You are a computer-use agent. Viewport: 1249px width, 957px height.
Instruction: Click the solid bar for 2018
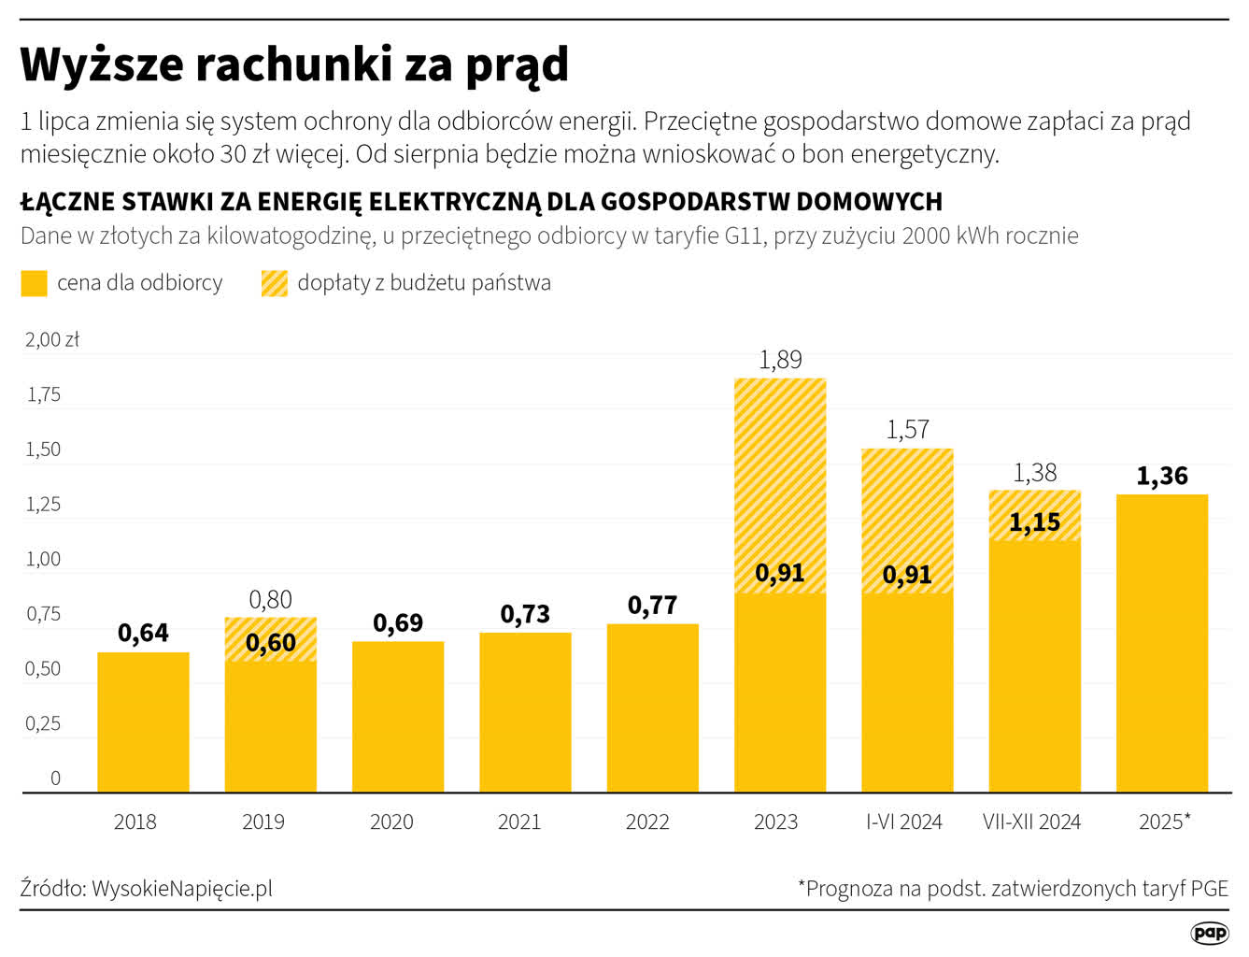[x=143, y=721]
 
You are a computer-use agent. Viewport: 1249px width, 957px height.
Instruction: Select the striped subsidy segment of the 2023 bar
[x=780, y=467]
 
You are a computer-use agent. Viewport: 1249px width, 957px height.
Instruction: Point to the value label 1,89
[x=780, y=360]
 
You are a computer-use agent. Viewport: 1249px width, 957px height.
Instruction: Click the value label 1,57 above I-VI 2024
[x=907, y=430]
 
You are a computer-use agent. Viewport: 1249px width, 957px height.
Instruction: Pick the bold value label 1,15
[x=1035, y=522]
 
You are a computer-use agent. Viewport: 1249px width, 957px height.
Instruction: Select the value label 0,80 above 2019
[x=271, y=600]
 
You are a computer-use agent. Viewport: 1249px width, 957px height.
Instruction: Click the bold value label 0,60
[x=271, y=643]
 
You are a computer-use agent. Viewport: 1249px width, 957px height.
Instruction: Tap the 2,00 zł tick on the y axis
[x=52, y=340]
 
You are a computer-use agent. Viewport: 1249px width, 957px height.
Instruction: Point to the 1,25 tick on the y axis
[x=43, y=505]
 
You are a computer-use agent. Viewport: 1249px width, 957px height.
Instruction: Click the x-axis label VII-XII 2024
[x=1031, y=822]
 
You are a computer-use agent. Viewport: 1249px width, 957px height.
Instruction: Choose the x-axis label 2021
[x=519, y=822]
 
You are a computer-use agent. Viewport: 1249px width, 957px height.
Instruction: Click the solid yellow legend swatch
[x=34, y=283]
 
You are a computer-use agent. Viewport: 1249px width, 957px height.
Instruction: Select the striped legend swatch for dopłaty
[x=275, y=283]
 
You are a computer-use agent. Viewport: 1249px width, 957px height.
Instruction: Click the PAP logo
[x=1210, y=933]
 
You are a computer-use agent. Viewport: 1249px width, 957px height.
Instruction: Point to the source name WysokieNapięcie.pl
[x=182, y=889]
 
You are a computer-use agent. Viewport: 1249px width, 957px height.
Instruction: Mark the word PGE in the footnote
[x=1210, y=889]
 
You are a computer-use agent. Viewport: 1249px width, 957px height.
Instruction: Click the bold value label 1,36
[x=1162, y=477]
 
